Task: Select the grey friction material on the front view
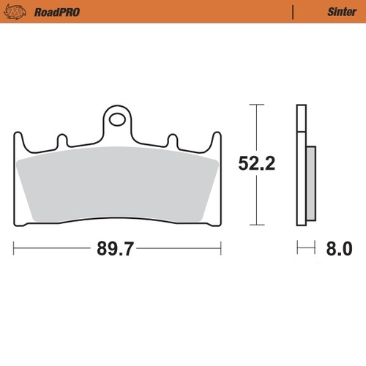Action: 117,183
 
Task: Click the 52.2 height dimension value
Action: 255,164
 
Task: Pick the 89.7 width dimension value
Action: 116,250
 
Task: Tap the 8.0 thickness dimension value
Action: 337,250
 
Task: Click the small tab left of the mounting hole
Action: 62,138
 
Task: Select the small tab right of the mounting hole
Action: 172,138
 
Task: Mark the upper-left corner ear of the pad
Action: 18,137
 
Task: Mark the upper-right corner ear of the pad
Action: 216,137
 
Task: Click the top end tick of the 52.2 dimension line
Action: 255,105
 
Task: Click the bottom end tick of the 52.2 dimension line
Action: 255,224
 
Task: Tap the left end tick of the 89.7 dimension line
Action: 14,249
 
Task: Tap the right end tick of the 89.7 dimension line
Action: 221,249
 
